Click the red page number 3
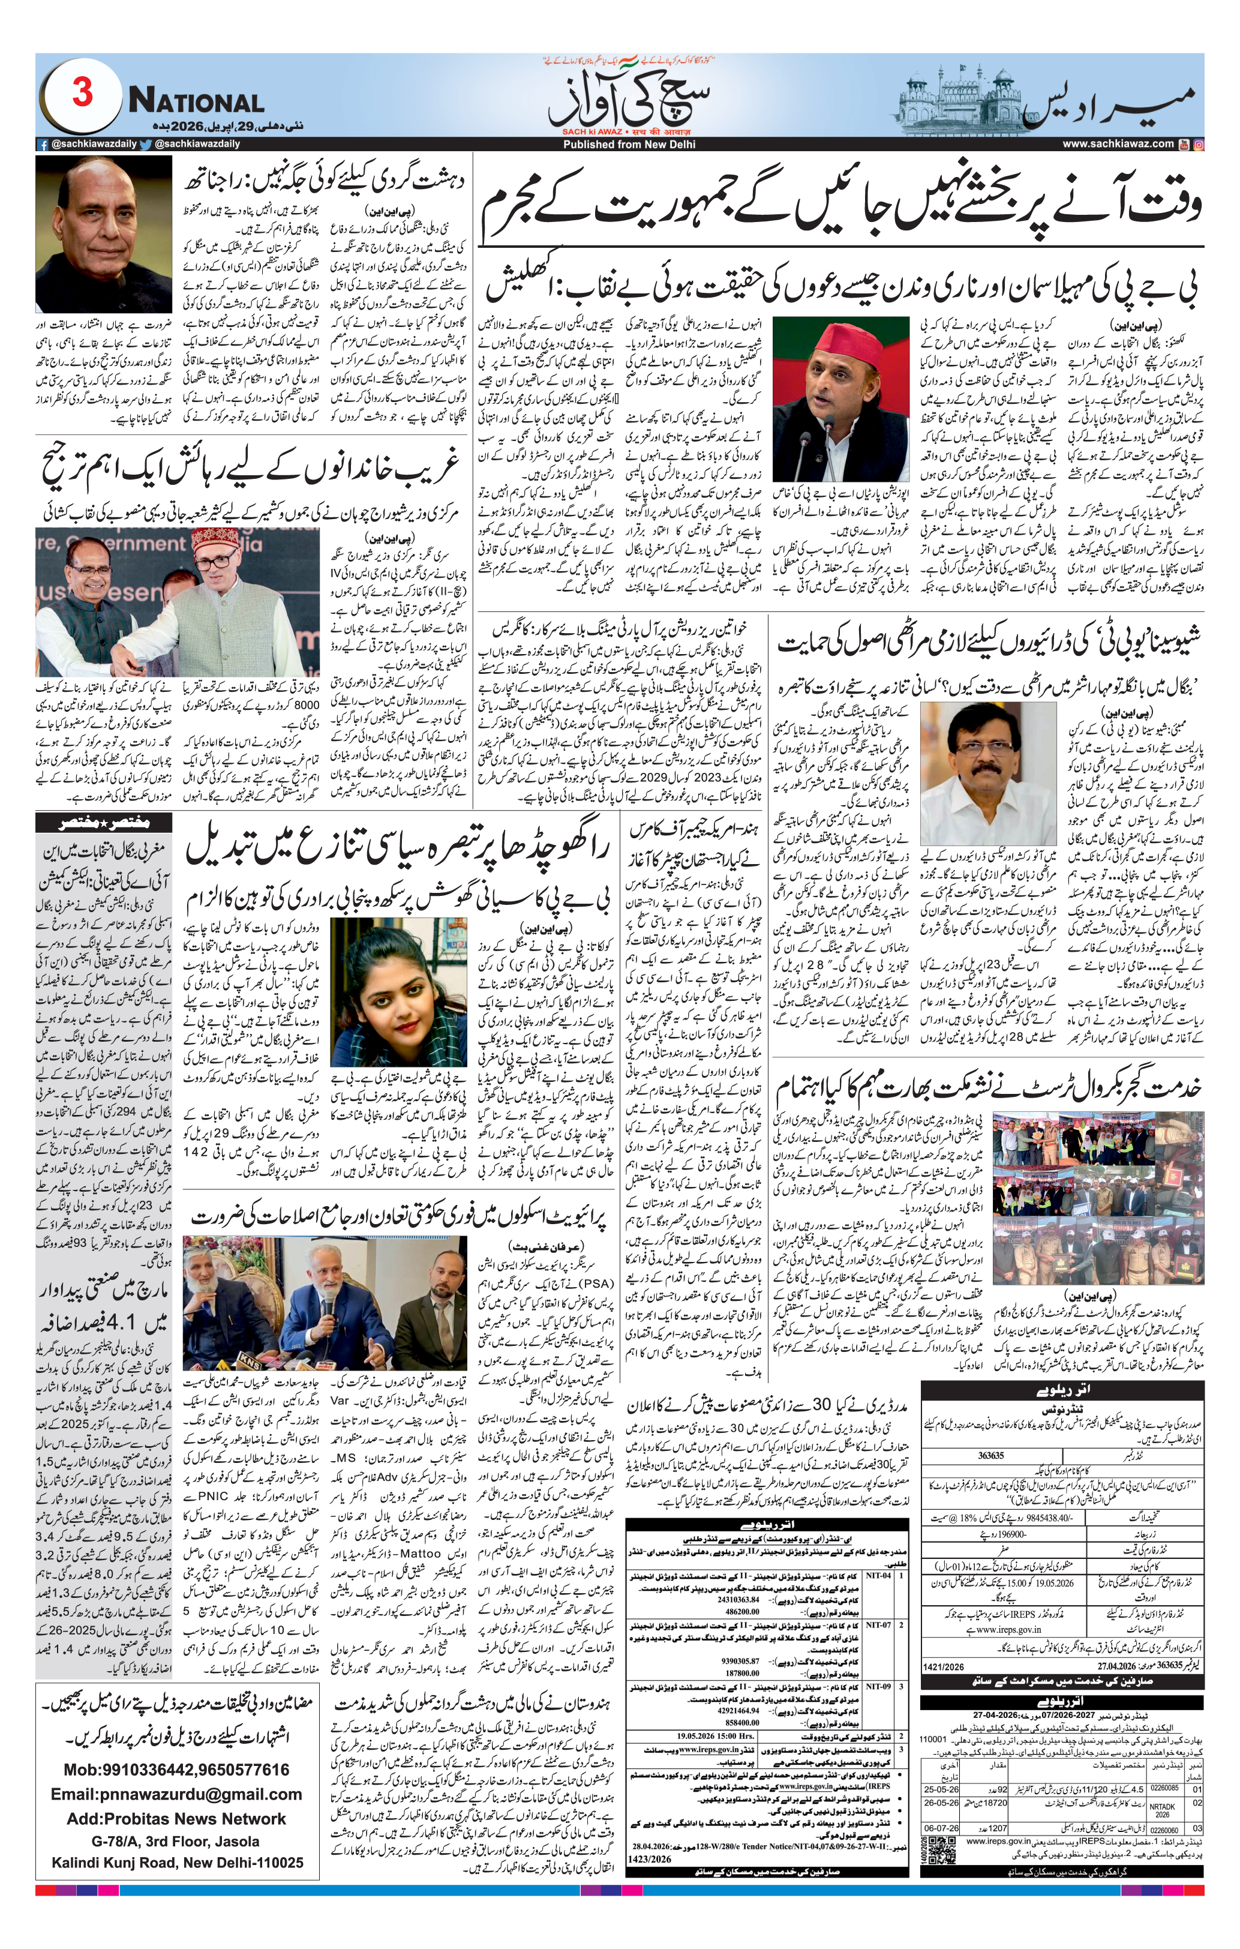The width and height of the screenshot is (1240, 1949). [x=82, y=95]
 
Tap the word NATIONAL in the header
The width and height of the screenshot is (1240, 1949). [x=196, y=102]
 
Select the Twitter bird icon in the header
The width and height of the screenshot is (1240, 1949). [x=146, y=145]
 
